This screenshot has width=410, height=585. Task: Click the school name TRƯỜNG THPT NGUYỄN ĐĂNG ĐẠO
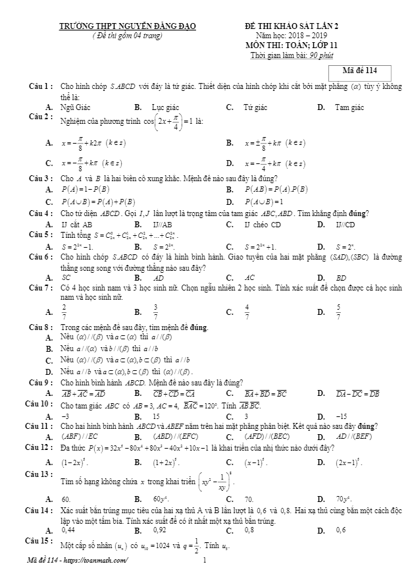(x=128, y=26)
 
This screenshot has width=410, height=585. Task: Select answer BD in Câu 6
(x=341, y=278)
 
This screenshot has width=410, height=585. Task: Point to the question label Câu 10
(x=39, y=403)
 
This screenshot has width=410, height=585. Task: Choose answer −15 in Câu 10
(x=342, y=417)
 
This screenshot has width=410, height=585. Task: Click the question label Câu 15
(x=39, y=541)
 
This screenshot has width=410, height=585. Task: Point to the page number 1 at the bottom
(x=205, y=561)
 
